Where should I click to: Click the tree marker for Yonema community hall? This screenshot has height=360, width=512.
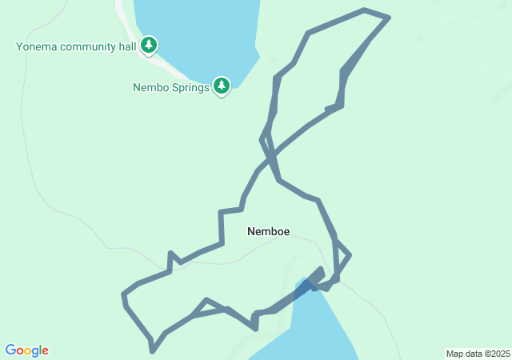click(148, 46)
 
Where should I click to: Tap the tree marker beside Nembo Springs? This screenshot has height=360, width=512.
click(222, 86)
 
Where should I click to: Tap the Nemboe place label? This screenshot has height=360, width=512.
click(269, 231)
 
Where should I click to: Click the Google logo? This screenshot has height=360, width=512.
click(27, 350)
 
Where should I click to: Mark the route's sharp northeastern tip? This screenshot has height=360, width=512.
click(389, 16)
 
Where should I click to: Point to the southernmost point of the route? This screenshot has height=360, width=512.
click(152, 350)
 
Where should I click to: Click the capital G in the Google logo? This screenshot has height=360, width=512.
click(10, 350)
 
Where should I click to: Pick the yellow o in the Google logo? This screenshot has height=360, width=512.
click(28, 351)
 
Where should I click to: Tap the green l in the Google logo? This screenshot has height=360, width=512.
click(40, 350)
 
